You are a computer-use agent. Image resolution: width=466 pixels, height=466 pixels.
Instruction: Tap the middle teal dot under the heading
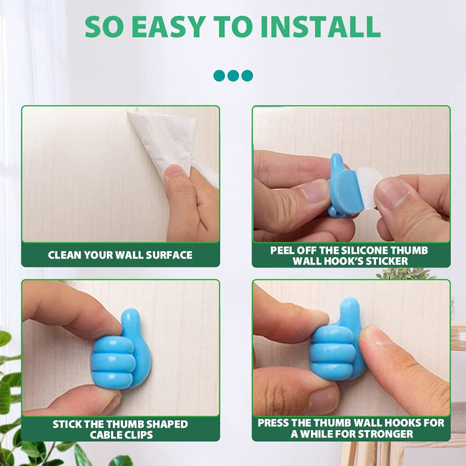click(233, 75)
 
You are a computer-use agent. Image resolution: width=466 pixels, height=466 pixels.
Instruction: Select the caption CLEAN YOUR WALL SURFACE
click(120, 255)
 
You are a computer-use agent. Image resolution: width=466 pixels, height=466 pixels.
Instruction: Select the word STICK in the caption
click(68, 424)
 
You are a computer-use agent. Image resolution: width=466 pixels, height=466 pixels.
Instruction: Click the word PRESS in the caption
click(274, 423)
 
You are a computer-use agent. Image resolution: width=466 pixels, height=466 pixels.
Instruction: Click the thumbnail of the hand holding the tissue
click(175, 171)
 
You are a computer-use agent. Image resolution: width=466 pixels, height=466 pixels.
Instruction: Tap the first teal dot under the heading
click(219, 75)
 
